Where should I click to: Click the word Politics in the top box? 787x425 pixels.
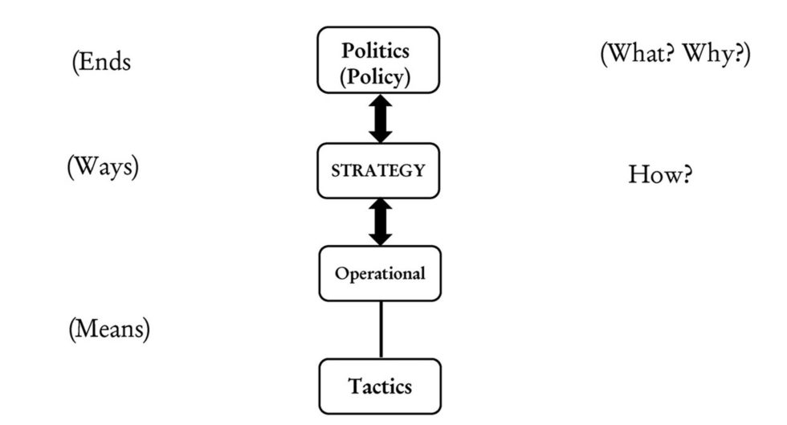click(376, 51)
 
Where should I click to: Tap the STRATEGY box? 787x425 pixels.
click(379, 170)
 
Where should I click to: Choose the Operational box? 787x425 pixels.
click(380, 273)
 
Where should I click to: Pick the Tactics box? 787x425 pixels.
click(380, 386)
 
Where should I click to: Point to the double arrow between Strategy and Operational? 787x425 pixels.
click(381, 222)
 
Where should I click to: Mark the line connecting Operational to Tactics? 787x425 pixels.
click(381, 329)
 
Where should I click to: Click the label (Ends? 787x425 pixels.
click(101, 63)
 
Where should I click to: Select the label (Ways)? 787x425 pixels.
click(103, 166)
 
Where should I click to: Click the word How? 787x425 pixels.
click(659, 174)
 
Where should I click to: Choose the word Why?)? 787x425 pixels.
click(717, 55)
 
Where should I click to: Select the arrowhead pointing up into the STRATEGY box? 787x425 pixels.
click(381, 206)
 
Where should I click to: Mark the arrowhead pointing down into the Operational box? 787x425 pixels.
click(381, 237)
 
